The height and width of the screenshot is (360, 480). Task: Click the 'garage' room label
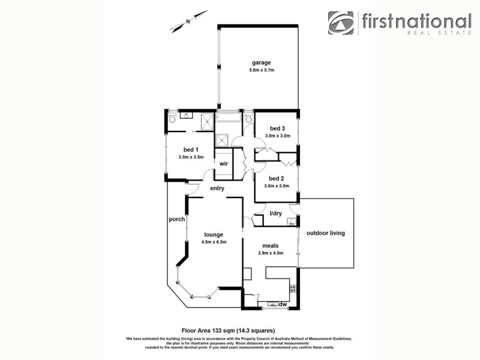[261, 62]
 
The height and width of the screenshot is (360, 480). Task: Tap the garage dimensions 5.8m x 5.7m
[262, 71]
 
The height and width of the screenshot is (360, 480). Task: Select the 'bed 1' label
[191, 149]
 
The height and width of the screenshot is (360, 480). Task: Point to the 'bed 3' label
[277, 128]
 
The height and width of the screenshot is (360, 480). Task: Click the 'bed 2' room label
[276, 178]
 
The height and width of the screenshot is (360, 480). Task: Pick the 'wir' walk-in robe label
[223, 163]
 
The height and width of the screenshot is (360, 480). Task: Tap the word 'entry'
[217, 188]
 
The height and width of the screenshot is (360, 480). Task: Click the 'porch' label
[177, 219]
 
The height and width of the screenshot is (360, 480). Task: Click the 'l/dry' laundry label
[276, 214]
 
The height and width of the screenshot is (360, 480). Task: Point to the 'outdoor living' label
[326, 233]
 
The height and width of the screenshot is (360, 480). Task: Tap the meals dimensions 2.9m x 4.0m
[271, 253]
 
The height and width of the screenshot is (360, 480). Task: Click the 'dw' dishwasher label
[282, 304]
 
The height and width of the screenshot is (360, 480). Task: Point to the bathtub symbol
[228, 118]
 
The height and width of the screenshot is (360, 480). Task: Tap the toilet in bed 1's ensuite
[172, 117]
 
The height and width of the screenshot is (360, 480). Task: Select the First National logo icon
[341, 23]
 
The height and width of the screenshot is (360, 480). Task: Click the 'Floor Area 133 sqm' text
[227, 330]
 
